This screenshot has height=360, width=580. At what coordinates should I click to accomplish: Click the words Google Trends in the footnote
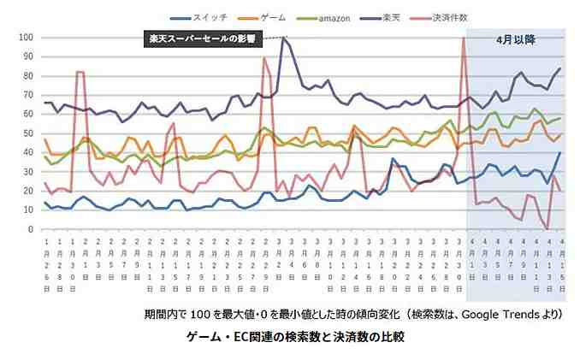click(x=504, y=315)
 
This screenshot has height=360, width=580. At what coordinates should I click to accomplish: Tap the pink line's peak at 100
click(x=463, y=38)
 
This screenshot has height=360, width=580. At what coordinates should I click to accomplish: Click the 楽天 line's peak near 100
click(x=284, y=38)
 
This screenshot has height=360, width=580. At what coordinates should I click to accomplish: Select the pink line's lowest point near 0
click(x=546, y=228)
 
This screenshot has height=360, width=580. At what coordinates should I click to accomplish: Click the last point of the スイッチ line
click(x=560, y=153)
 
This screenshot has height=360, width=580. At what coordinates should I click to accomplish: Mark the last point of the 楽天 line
click(x=560, y=68)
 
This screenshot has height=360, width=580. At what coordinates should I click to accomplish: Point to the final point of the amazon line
click(x=560, y=118)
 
